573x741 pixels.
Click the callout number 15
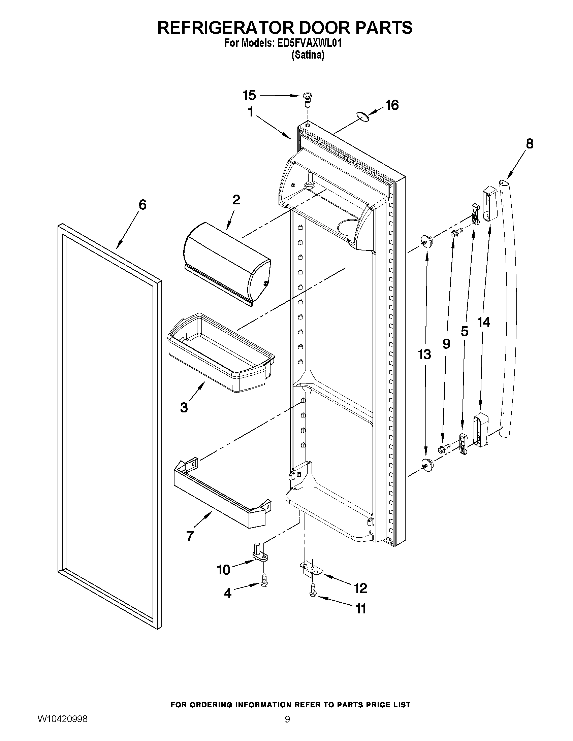[249, 96]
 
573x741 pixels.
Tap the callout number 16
[392, 105]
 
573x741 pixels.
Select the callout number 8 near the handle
[529, 143]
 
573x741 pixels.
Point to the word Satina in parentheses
[308, 55]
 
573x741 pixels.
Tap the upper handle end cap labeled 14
[489, 204]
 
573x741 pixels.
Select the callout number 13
[424, 355]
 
